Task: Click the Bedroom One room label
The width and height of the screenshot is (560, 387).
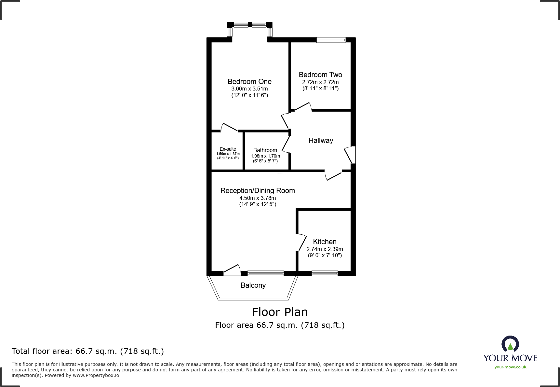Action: (x=249, y=82)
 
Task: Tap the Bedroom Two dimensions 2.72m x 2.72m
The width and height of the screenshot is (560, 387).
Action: (x=320, y=82)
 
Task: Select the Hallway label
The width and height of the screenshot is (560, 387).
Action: (x=321, y=141)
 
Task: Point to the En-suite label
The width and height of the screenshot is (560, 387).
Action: (x=228, y=149)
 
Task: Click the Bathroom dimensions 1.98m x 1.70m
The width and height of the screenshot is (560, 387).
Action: (x=265, y=156)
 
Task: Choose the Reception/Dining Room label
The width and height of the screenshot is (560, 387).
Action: (x=258, y=191)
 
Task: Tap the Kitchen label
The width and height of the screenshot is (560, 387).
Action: (x=325, y=242)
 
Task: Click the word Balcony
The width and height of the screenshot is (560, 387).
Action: (x=253, y=285)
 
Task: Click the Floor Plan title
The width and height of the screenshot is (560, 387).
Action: (x=280, y=312)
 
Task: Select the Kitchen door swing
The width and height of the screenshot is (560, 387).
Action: (x=302, y=242)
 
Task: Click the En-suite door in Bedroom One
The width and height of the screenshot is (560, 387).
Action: (x=229, y=127)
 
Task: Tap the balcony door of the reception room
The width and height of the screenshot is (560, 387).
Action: (x=232, y=270)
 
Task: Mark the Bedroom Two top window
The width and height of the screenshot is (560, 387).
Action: (x=331, y=40)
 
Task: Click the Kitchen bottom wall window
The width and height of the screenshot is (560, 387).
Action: (x=325, y=273)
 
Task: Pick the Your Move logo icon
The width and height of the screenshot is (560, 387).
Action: (x=510, y=344)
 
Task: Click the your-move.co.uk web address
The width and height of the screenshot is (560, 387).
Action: (x=510, y=367)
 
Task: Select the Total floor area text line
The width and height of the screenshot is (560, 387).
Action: (x=88, y=351)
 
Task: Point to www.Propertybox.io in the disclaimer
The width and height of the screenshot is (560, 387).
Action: (x=96, y=375)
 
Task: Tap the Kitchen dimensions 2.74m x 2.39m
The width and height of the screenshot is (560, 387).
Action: (x=325, y=249)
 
